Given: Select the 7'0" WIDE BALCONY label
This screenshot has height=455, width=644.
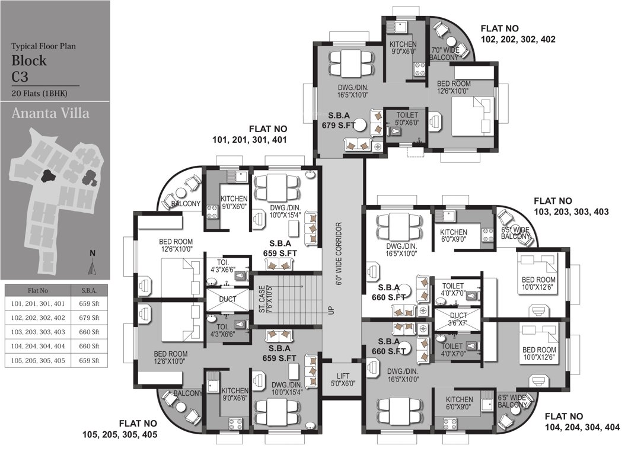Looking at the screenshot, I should point(445,54).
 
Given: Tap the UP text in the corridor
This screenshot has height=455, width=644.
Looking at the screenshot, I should point(331,310).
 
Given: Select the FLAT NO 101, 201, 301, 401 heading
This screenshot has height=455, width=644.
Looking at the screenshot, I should point(250,134).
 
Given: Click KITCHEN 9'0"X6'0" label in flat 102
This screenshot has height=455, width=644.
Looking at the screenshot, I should point(403,48).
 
